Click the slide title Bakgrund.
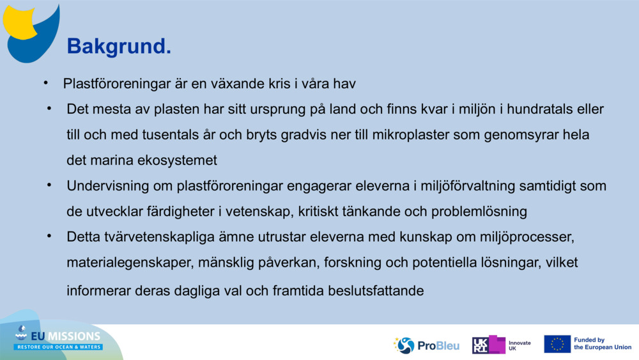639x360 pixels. pos(119,46)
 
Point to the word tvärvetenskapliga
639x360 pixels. pos(150,237)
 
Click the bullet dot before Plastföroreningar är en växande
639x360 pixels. pos(46,83)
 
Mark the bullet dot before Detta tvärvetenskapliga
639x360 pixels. pos(49,237)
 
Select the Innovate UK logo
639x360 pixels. pos(501,345)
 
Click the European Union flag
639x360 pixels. pos(557,344)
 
